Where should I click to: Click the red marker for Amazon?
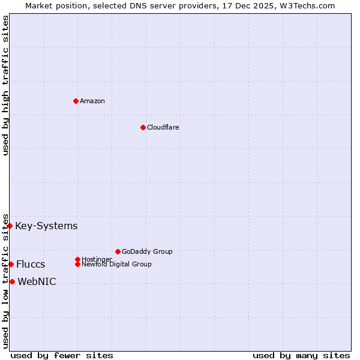pos(76,101)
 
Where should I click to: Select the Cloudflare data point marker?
pos(143,127)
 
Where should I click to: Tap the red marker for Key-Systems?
pos(10,226)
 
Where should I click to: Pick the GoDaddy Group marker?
pos(118,251)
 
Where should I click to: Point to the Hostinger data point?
pos(77,259)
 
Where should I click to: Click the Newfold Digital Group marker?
pos(78,264)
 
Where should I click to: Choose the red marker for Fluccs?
pos(11,264)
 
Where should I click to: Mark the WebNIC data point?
pos(12,281)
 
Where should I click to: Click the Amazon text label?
pos(92,101)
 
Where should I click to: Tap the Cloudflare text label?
pos(163,127)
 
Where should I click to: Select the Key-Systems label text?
pos(46,226)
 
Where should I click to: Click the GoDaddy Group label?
pos(147,251)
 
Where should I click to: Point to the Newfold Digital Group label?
pos(117,264)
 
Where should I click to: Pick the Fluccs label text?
pos(31,265)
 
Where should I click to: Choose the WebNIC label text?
pos(37,282)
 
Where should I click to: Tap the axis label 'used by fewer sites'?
pos(62,355)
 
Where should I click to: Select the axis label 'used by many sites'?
pos(301,355)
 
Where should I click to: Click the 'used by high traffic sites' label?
pos(5,85)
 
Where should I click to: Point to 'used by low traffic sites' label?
pos(5,281)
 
